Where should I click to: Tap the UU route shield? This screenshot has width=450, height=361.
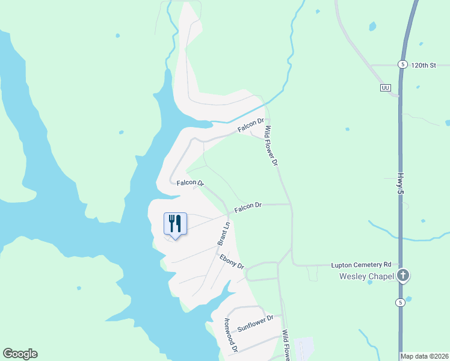point(386,88)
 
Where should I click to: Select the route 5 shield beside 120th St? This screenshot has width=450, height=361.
point(402,64)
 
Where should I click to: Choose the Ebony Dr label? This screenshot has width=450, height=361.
point(232,262)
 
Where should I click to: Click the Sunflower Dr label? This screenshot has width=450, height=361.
point(255,323)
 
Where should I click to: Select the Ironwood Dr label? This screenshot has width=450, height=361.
point(232,335)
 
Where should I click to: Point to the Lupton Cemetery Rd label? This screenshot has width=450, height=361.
point(362,265)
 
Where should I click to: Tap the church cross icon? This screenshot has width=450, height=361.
point(403,276)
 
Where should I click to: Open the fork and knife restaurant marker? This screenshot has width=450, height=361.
point(175,224)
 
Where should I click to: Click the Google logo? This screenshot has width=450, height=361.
point(20,354)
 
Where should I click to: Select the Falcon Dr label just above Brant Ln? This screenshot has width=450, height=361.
point(248,206)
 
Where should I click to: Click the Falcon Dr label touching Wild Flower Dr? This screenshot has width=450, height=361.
point(251,125)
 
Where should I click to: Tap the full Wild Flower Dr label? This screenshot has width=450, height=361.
point(273,146)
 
